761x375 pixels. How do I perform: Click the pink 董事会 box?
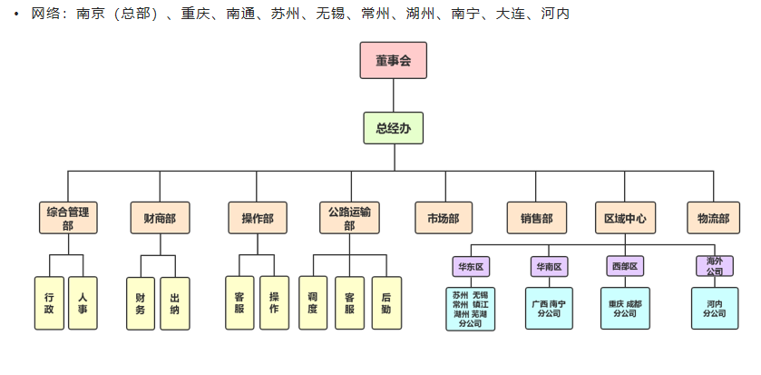[x=393, y=61]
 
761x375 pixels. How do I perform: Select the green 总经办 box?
[x=393, y=129]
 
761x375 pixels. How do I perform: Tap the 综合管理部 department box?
[x=68, y=218]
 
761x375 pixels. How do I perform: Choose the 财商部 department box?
[x=161, y=218]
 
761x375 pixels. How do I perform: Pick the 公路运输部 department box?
[x=349, y=218]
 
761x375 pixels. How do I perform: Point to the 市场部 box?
[x=444, y=218]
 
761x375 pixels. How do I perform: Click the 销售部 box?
[x=536, y=218]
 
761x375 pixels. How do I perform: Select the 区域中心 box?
[x=625, y=218]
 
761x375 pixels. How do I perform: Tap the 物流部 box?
[x=713, y=218]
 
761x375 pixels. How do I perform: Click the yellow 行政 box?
[x=49, y=303]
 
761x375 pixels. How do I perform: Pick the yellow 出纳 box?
[x=175, y=303]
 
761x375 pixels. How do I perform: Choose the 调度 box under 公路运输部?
[x=313, y=303]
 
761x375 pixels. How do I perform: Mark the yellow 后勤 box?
[x=386, y=303]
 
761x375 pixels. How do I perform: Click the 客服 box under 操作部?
[x=239, y=303]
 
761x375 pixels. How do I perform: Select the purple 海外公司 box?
[x=714, y=266]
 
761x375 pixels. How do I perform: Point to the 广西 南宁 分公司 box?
[x=549, y=308]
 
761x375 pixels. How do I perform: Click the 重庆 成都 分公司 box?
[x=625, y=308]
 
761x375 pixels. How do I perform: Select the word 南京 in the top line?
[x=91, y=15]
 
